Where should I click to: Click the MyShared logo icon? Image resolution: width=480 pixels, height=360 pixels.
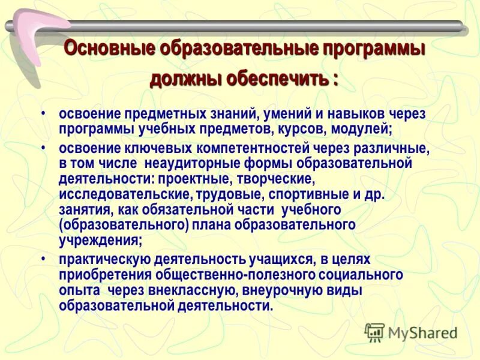pos(374,332)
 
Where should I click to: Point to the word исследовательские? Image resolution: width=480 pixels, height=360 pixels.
pos(119,194)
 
